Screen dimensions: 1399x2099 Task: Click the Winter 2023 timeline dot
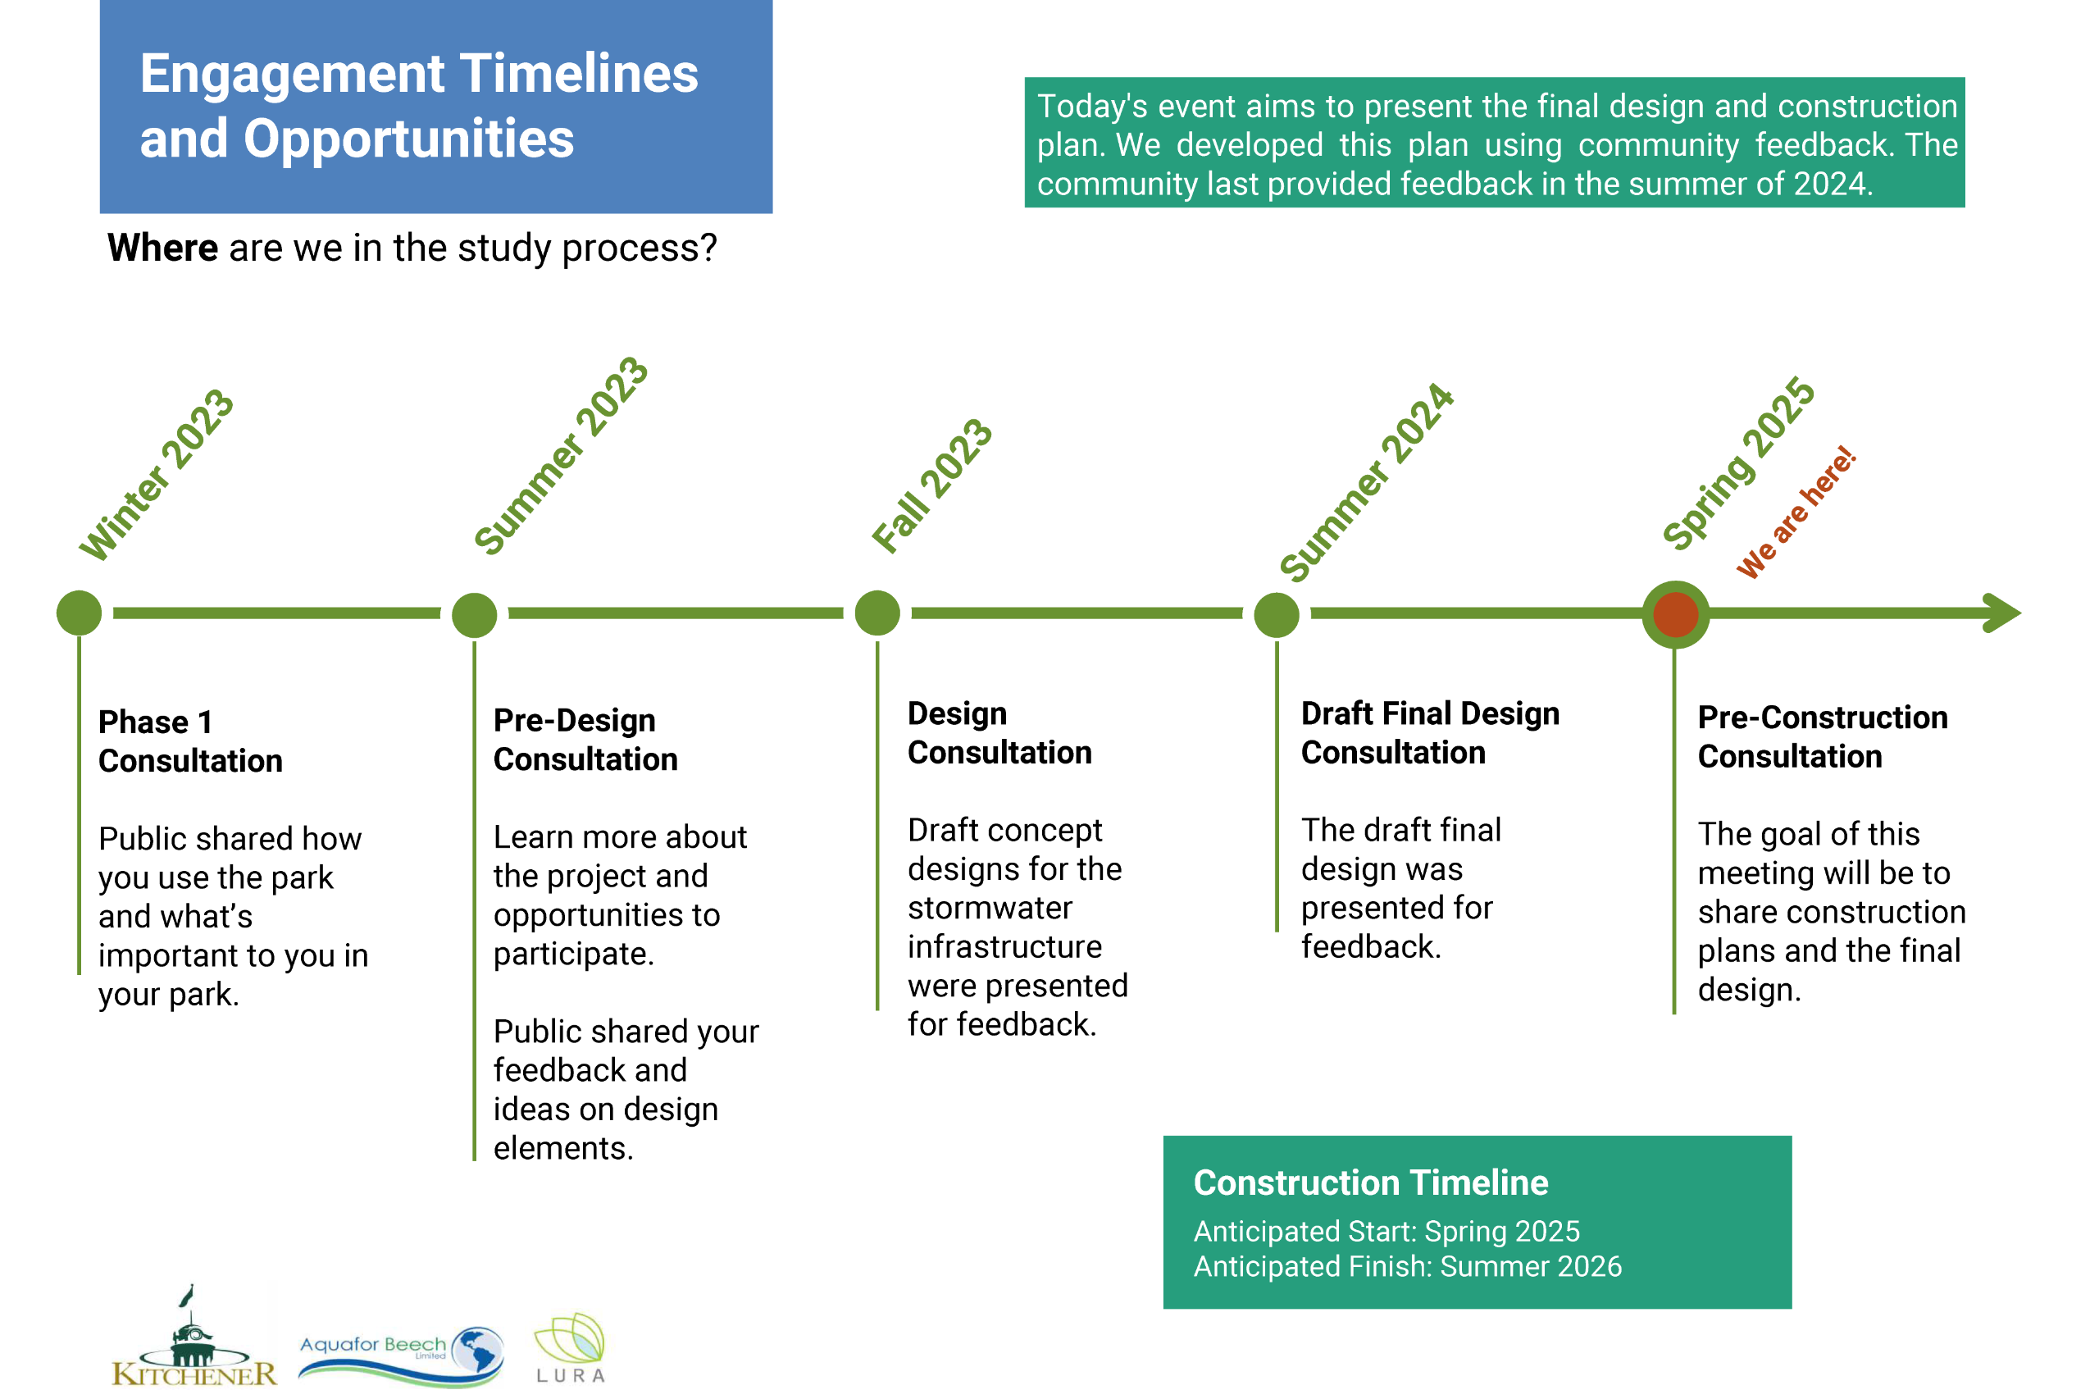(79, 613)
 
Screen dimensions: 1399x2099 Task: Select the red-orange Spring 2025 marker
(1674, 614)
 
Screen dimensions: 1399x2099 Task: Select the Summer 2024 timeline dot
(1276, 615)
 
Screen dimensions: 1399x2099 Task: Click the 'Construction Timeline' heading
(1370, 1183)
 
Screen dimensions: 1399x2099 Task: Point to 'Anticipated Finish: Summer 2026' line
(1407, 1266)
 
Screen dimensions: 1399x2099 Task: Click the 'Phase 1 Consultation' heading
(189, 741)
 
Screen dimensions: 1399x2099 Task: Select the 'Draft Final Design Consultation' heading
(1429, 732)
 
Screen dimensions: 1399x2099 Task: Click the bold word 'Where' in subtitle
(162, 247)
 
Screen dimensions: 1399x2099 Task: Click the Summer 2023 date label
(560, 456)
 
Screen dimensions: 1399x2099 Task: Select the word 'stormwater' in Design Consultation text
(990, 908)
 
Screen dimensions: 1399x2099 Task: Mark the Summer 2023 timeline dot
(474, 615)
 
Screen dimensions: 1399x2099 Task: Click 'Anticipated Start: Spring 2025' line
(1386, 1231)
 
